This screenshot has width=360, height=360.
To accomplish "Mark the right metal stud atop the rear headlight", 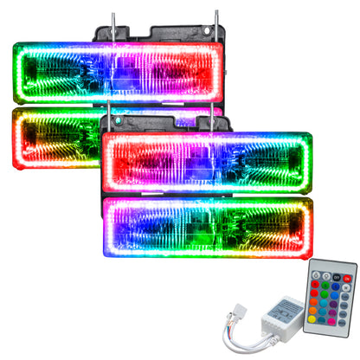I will coord(216,19).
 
